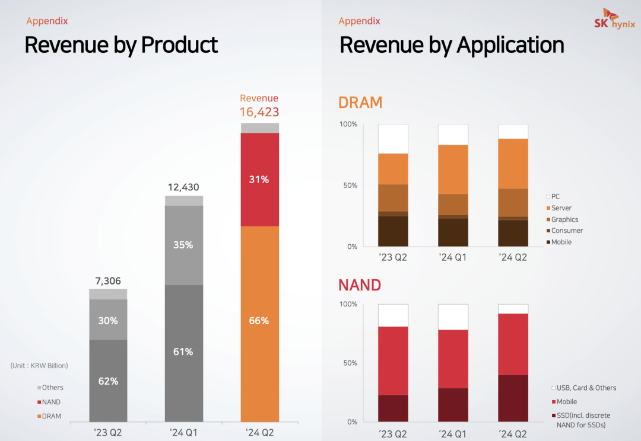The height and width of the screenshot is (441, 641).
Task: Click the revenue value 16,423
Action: click(x=259, y=112)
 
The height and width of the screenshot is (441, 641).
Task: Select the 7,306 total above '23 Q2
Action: click(x=108, y=281)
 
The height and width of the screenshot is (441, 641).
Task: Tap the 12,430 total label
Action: click(x=183, y=187)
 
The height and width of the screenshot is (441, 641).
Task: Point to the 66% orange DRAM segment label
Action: click(x=259, y=321)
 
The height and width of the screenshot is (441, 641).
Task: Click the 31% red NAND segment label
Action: click(x=259, y=179)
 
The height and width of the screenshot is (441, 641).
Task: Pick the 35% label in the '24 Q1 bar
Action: click(x=183, y=245)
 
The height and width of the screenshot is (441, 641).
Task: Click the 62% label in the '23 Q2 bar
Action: click(x=108, y=381)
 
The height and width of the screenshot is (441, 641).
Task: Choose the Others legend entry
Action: click(x=52, y=388)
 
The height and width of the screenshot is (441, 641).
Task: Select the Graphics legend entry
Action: click(x=564, y=219)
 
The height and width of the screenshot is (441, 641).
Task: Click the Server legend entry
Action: click(x=561, y=208)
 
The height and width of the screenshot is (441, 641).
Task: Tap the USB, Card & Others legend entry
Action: click(x=586, y=388)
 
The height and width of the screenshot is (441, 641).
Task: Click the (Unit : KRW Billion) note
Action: click(x=39, y=366)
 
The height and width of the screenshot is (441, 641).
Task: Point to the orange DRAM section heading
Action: click(x=360, y=103)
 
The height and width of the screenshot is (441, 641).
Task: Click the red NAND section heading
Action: click(x=360, y=285)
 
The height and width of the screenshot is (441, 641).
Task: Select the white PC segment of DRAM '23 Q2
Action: click(x=393, y=139)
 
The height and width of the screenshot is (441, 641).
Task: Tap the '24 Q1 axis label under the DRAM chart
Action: click(x=453, y=257)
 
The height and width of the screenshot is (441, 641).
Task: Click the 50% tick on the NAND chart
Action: click(x=350, y=363)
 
